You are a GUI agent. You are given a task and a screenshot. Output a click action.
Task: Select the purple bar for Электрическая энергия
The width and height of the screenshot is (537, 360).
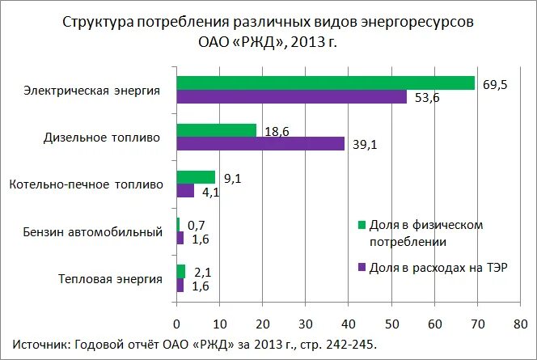click(291, 97)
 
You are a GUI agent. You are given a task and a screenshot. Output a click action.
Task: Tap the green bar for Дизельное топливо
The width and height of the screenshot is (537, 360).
click(216, 130)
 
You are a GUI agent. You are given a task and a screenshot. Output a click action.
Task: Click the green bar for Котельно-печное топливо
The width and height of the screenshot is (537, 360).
click(196, 177)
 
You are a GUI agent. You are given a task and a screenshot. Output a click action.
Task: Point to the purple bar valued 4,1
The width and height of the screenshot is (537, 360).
click(185, 191)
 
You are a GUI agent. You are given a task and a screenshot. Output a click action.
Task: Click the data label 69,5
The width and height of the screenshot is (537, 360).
click(495, 84)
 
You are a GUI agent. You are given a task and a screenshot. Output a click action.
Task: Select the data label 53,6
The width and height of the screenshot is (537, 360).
click(427, 98)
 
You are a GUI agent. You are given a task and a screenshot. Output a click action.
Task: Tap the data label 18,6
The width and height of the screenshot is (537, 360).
click(277, 131)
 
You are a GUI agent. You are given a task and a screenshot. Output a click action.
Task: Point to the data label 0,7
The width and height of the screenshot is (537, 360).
click(197, 225)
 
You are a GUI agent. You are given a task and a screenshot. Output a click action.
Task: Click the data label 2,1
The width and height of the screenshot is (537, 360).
click(202, 273)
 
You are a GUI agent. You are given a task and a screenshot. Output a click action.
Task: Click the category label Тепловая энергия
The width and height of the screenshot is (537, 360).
click(109, 279)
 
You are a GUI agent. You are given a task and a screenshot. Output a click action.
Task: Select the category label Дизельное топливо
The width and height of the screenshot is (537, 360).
click(102, 138)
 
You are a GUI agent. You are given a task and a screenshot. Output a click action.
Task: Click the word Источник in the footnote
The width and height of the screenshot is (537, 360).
click(41, 344)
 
